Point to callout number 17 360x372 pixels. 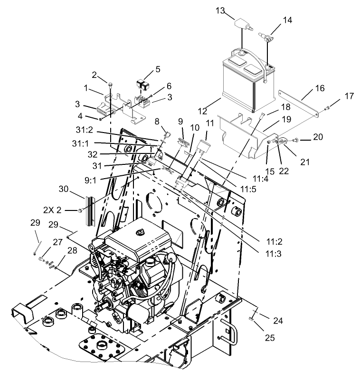point(349,96)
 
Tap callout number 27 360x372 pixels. point(58,242)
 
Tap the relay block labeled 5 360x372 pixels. point(143,85)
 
